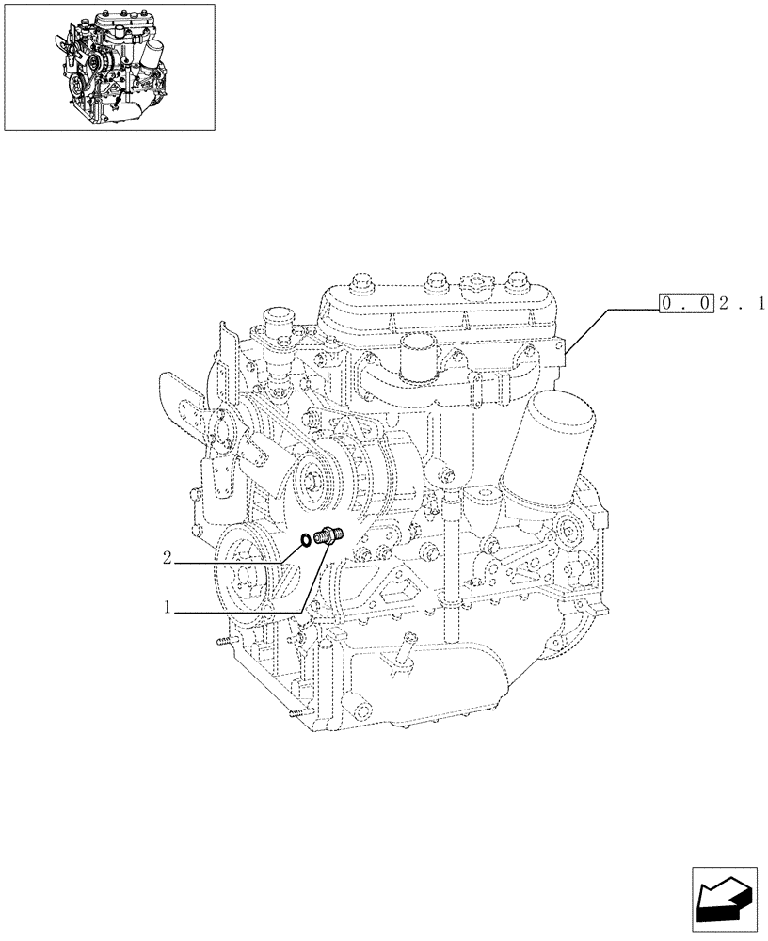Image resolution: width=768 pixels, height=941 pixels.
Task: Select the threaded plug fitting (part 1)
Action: [x=330, y=536]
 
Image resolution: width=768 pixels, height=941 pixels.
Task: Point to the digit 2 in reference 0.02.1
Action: [x=725, y=303]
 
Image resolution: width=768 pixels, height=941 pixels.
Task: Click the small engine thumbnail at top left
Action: [x=109, y=66]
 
